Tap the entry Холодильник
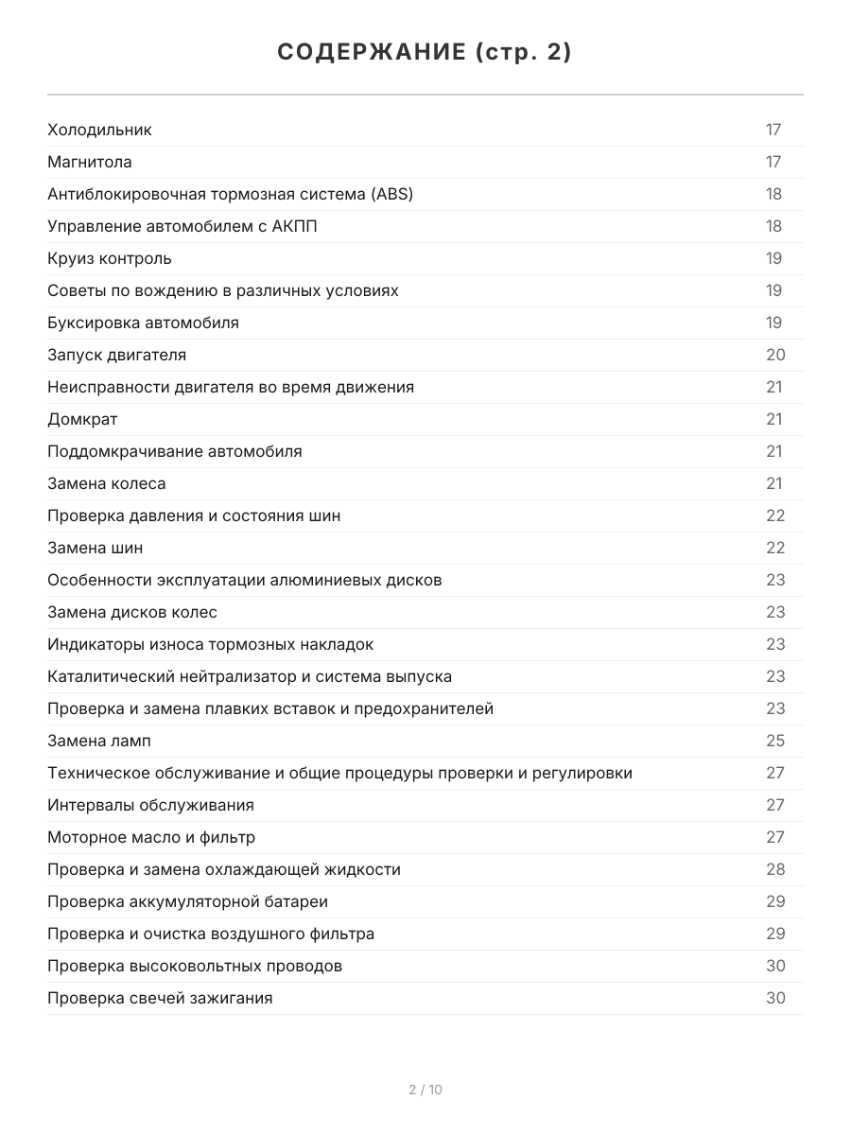click(x=99, y=130)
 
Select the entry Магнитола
click(x=90, y=162)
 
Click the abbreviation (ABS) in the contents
click(x=391, y=194)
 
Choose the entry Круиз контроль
click(x=110, y=258)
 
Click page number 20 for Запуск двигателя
click(x=775, y=355)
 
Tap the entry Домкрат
click(x=82, y=419)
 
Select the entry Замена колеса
click(x=106, y=483)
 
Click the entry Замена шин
click(x=95, y=548)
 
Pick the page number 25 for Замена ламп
click(x=775, y=741)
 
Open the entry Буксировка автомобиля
click(x=143, y=323)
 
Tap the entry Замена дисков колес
click(x=132, y=612)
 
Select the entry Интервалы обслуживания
click(x=150, y=805)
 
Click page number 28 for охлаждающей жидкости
click(x=775, y=869)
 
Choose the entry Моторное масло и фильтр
click(x=151, y=837)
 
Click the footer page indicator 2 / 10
click(x=425, y=1090)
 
